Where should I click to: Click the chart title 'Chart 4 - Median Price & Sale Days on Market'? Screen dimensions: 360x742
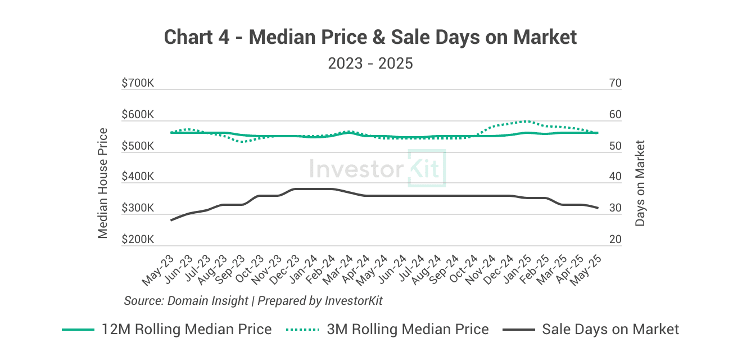tap(370, 37)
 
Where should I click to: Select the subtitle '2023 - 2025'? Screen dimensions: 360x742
tap(370, 63)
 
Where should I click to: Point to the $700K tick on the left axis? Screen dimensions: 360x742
tap(138, 83)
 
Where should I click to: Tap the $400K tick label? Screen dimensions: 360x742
tap(138, 177)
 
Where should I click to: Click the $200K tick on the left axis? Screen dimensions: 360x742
tap(138, 240)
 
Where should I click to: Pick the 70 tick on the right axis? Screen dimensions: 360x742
tap(615, 83)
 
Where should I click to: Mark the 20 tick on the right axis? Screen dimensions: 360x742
tap(615, 240)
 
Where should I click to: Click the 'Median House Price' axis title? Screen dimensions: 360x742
tap(103, 183)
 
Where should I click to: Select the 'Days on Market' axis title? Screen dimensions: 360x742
tap(640, 183)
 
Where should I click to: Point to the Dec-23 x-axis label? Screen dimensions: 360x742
tap(285, 268)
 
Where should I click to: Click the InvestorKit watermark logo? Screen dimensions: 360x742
tap(377, 168)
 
